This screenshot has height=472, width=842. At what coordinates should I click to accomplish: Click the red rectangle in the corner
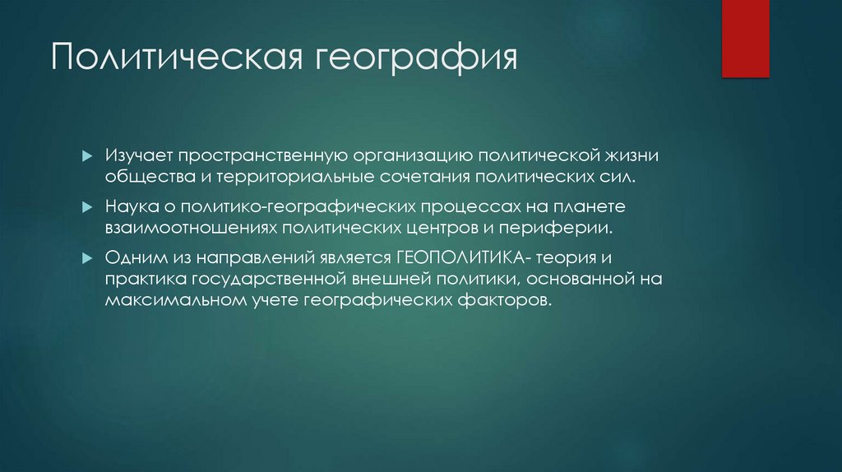click(744, 38)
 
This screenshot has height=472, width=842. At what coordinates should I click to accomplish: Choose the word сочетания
click(445, 178)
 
